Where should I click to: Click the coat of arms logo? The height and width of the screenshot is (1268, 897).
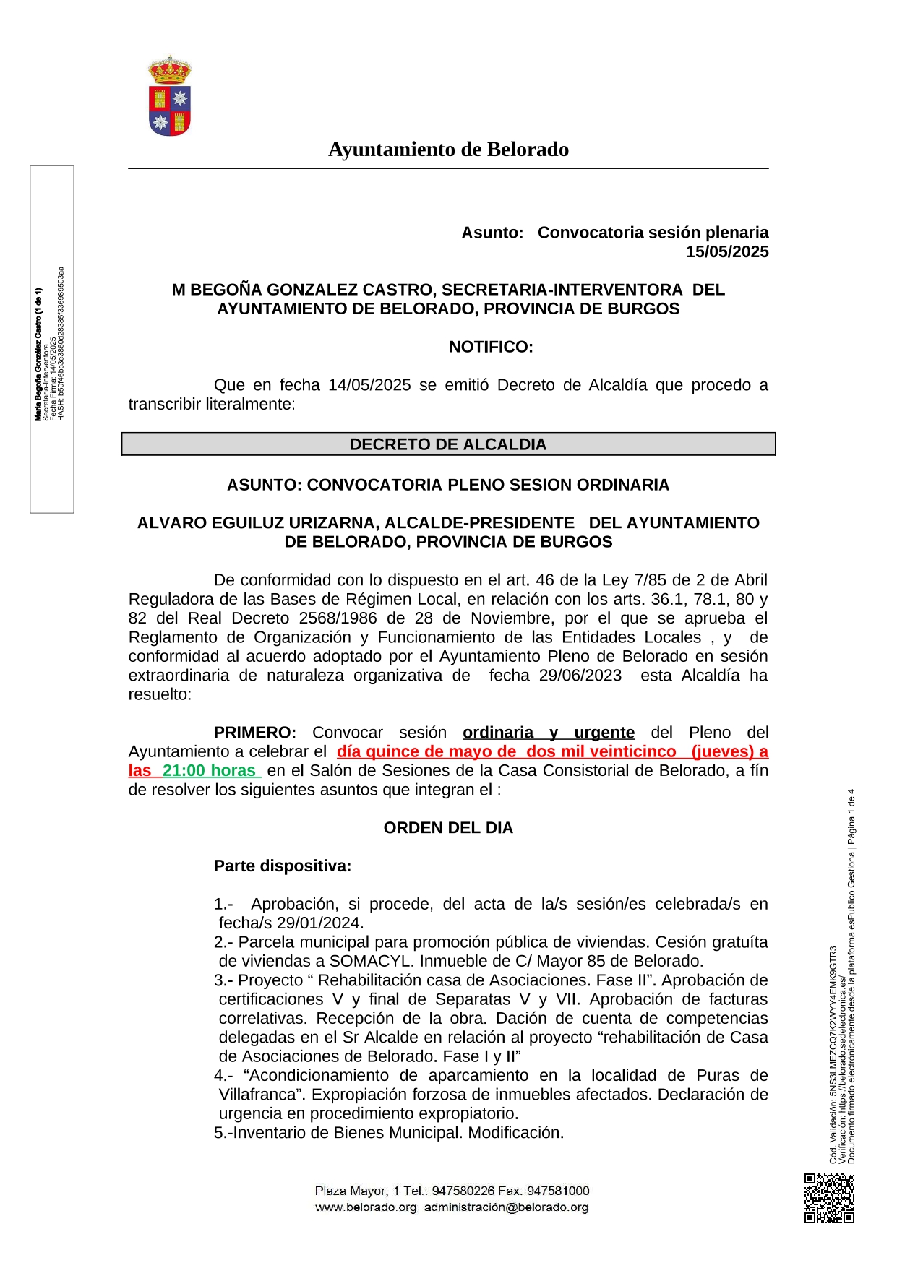(x=170, y=96)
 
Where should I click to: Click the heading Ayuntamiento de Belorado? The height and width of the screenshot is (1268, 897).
(x=448, y=150)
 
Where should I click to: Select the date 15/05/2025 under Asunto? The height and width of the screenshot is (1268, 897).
(x=727, y=252)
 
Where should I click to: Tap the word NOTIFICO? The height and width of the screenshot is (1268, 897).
(x=491, y=347)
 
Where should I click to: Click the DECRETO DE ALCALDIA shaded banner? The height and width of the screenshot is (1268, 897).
(x=448, y=444)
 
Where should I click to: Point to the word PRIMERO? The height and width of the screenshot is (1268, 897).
(x=254, y=733)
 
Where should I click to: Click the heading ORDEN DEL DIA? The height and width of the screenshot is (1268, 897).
(x=448, y=828)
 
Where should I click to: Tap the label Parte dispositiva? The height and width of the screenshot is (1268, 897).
(x=283, y=866)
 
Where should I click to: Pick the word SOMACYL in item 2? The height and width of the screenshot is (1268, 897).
(x=372, y=962)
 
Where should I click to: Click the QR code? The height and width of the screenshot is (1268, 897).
(x=829, y=1198)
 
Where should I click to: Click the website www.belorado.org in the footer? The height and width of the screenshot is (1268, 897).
(x=366, y=1207)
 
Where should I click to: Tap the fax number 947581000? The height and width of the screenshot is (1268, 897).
(x=558, y=1191)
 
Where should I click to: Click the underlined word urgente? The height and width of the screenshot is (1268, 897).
(x=604, y=733)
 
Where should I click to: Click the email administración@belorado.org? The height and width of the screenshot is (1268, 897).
(x=506, y=1207)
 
